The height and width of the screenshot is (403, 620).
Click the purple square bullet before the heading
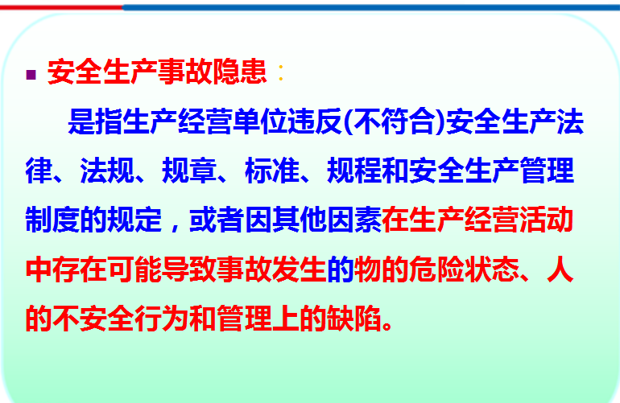31,75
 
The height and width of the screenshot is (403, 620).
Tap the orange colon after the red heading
281,72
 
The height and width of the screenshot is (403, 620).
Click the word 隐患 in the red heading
240,72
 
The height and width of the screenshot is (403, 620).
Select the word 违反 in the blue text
315,121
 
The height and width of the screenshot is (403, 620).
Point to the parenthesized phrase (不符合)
394,121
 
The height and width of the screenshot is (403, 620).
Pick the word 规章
189,171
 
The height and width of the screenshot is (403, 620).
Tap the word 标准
271,171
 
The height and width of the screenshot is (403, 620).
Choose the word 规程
354,171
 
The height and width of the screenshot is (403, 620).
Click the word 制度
52,220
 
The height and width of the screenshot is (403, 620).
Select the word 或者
217,220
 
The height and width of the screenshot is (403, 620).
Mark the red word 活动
546,220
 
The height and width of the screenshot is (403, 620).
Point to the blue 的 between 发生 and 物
340,269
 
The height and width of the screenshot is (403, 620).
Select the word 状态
491,269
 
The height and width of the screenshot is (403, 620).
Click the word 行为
162,319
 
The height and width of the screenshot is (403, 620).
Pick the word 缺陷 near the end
354,319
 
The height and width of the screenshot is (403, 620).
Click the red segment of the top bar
61,7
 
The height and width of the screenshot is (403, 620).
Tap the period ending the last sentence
387,327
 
